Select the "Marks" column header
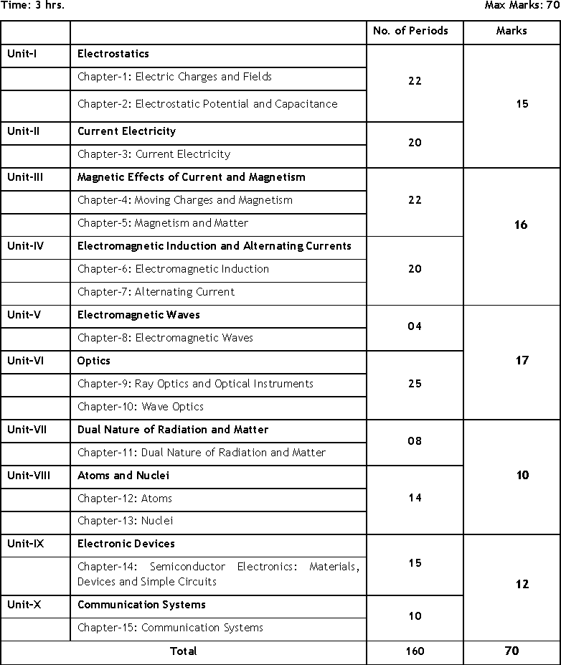[511, 31]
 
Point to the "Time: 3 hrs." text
[32, 6]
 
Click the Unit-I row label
[22, 54]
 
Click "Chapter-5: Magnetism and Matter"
[163, 223]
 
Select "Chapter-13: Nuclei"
[126, 521]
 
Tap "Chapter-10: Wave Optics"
[141, 407]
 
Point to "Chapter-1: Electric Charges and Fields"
[175, 77]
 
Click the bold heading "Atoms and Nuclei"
[123, 476]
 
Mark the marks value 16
[521, 225]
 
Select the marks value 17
[522, 361]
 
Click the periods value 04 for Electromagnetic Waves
[415, 326]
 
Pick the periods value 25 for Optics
[415, 384]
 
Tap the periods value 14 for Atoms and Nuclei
[415, 498]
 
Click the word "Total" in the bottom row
[183, 651]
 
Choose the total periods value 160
[415, 651]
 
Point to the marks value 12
[522, 585]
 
